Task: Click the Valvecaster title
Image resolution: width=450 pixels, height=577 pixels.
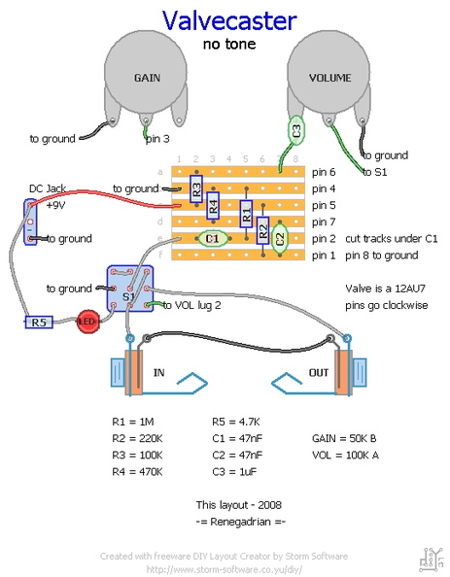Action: click(x=229, y=20)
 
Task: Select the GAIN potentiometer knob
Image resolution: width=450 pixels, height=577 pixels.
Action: click(x=146, y=72)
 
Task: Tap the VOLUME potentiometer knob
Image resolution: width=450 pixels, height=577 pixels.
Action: click(x=329, y=72)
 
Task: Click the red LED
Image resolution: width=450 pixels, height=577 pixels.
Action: click(x=88, y=322)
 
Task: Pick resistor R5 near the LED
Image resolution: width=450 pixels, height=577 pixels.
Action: click(x=39, y=322)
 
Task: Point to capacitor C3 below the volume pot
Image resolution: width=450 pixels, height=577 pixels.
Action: click(x=296, y=130)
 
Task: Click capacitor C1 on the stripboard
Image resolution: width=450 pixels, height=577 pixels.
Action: click(x=212, y=238)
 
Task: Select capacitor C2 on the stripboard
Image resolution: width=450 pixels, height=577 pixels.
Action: click(x=280, y=239)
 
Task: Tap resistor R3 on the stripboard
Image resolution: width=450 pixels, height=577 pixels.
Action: click(x=196, y=189)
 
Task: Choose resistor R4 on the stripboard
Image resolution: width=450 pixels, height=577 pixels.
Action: click(x=213, y=205)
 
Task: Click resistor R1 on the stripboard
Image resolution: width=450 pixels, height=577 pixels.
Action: click(x=246, y=214)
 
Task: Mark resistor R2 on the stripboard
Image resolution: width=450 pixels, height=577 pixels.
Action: click(x=262, y=230)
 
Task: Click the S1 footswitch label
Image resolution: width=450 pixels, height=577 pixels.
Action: click(x=128, y=296)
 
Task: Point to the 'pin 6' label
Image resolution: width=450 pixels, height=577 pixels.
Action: click(x=324, y=172)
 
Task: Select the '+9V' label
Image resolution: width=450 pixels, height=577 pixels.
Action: click(x=56, y=205)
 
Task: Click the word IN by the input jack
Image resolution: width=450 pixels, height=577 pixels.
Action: click(x=158, y=373)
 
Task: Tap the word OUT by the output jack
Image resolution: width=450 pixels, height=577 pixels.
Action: click(x=319, y=373)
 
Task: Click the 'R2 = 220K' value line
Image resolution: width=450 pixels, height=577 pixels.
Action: click(x=137, y=438)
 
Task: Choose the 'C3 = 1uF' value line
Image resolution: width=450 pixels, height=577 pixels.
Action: click(x=234, y=472)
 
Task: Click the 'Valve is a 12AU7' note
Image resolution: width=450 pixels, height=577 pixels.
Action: click(x=385, y=288)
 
